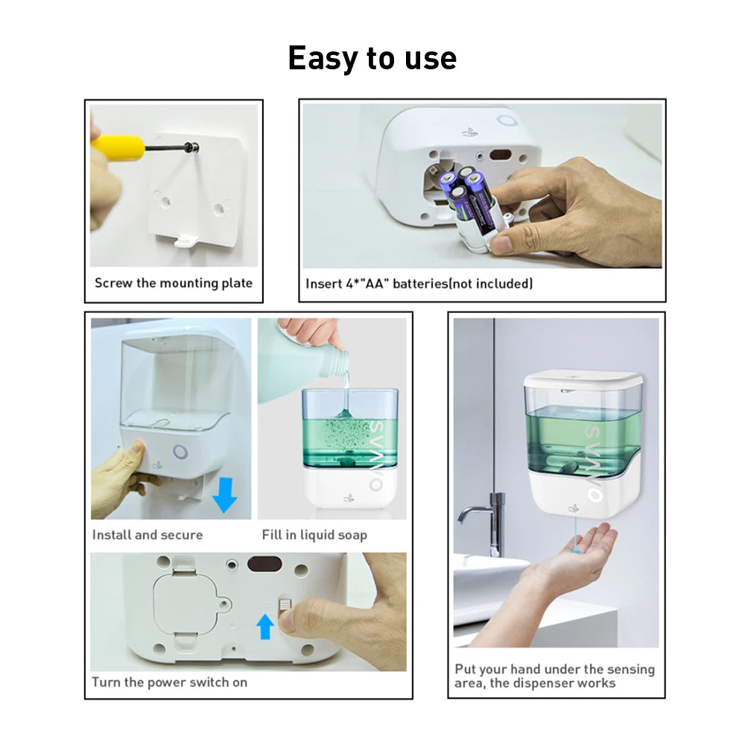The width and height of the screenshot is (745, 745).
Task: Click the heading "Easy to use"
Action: (372, 58)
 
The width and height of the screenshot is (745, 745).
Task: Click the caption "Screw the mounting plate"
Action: (174, 283)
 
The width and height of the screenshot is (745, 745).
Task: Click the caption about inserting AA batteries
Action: (419, 284)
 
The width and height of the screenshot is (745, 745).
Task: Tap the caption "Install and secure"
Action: (147, 535)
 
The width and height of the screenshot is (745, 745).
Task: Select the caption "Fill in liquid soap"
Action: (314, 535)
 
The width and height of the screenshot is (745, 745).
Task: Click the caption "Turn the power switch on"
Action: (169, 682)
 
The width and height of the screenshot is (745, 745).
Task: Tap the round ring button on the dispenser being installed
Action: (180, 451)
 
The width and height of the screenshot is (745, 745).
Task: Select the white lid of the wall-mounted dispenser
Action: (583, 381)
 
